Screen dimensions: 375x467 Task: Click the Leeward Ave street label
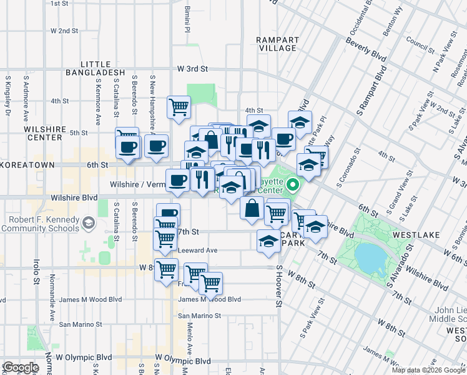(198, 250)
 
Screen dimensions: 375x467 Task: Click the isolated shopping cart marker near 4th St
(179, 107)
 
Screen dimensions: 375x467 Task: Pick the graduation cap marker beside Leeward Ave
(268, 241)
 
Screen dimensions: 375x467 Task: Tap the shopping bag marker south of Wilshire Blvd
(252, 208)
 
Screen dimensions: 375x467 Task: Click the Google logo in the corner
(21, 367)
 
